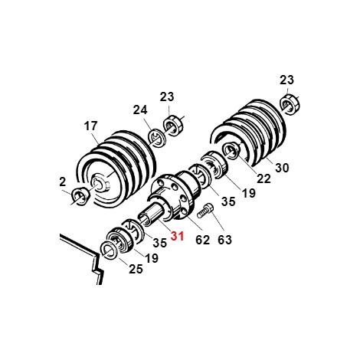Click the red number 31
[177, 236]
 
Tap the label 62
[202, 240]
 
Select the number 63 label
[224, 240]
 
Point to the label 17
[90, 126]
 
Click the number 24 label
[140, 110]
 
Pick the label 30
[282, 168]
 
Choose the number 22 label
[263, 178]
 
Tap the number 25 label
[136, 269]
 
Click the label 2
[62, 182]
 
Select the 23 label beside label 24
[167, 97]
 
